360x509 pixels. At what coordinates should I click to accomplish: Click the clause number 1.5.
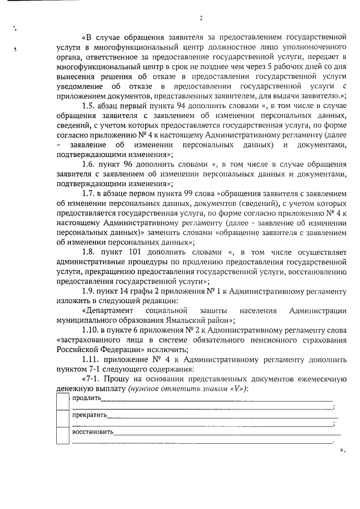89,107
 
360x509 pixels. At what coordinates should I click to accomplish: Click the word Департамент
108,311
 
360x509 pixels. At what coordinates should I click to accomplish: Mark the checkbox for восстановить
62,436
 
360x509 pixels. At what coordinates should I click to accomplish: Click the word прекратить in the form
88,416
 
